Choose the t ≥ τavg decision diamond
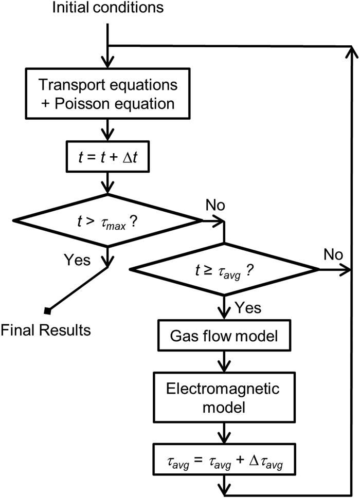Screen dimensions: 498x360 (x=224, y=269)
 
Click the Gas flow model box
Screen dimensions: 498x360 (x=224, y=337)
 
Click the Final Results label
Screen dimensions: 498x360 (x=46, y=329)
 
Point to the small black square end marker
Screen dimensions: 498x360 (x=47, y=310)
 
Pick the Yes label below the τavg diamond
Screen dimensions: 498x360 (x=248, y=308)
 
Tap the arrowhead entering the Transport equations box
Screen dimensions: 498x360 (x=106, y=57)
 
